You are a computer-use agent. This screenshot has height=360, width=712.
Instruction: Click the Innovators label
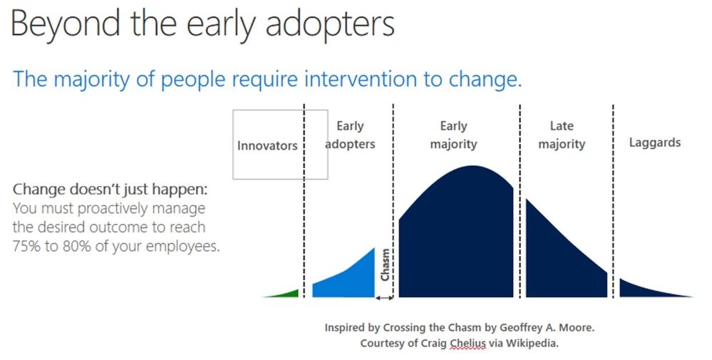(267, 145)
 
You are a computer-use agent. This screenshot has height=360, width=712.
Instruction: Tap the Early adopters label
(350, 135)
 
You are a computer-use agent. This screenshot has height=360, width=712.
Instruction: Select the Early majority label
(453, 135)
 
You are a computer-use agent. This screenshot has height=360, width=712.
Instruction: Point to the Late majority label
(562, 135)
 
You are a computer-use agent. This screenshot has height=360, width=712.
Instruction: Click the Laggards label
(655, 143)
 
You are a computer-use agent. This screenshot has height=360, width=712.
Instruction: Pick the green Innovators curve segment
(286, 294)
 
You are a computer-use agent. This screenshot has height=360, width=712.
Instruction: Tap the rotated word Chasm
(385, 264)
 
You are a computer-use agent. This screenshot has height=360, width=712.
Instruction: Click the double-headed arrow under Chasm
(385, 298)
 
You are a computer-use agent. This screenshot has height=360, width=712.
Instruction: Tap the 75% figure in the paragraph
(27, 246)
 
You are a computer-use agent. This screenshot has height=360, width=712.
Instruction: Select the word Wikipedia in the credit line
(532, 343)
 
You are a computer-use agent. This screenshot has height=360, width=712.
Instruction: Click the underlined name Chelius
(468, 343)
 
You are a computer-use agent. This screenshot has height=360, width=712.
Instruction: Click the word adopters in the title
(330, 24)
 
